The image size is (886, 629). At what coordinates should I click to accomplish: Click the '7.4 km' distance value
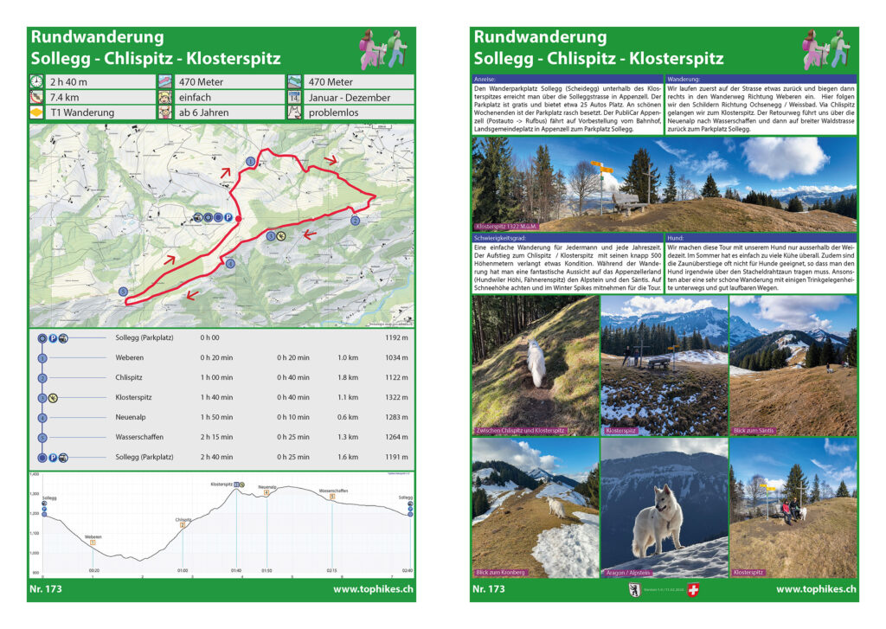64,97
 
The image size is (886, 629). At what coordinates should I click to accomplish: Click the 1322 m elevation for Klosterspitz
398,397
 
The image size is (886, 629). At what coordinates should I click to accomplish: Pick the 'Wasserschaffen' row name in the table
138,437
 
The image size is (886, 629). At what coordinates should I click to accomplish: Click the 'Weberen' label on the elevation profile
93,536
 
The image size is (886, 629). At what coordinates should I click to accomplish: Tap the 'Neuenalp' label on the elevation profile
266,487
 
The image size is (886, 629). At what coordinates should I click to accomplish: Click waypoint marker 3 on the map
123,291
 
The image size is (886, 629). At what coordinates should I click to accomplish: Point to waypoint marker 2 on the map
355,221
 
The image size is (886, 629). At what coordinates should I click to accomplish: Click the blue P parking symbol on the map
228,218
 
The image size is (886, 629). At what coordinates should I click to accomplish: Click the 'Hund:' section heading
676,237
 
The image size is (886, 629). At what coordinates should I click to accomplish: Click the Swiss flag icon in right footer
691,590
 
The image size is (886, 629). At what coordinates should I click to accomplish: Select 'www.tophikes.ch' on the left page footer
373,589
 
